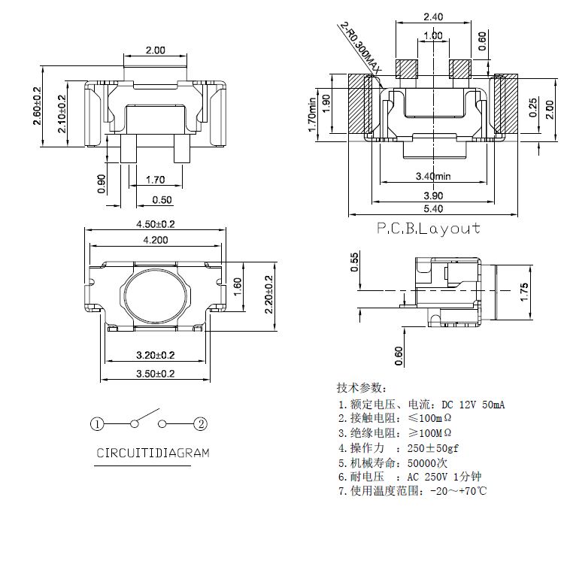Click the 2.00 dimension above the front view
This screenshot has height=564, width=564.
(155, 50)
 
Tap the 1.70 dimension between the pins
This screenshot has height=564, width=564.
(155, 180)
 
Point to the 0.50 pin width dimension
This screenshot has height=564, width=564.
(162, 199)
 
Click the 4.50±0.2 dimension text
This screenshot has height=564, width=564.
(155, 224)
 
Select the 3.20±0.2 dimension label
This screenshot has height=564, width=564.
(155, 354)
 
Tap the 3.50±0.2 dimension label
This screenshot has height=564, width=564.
(155, 373)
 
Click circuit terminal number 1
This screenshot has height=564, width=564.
(97, 424)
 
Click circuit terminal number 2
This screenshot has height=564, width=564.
(201, 424)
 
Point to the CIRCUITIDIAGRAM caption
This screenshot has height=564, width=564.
(152, 453)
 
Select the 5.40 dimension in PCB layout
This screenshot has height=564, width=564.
(434, 208)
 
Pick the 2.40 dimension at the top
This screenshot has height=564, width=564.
(432, 17)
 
